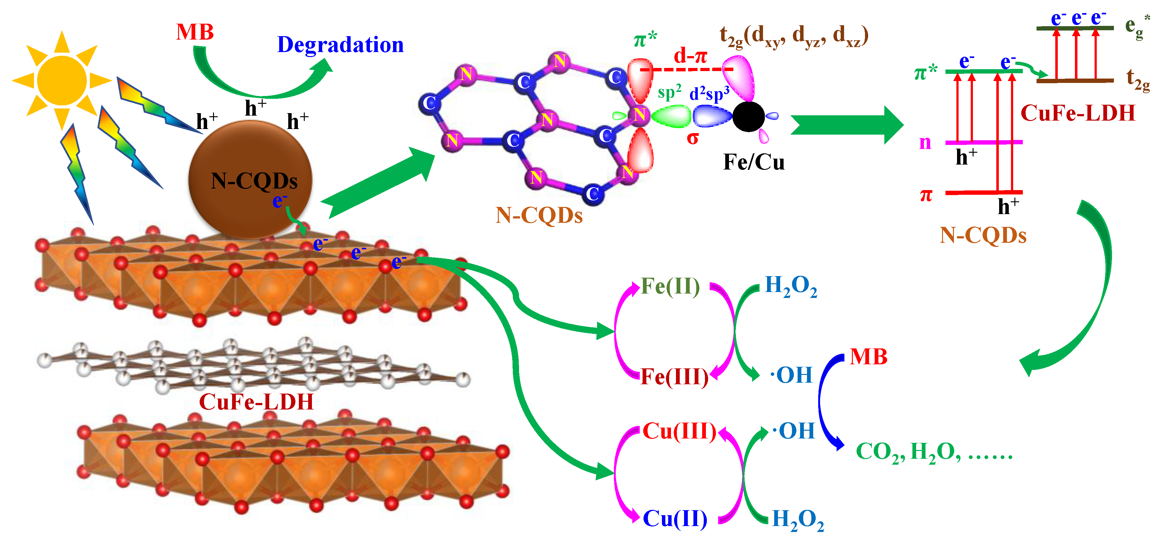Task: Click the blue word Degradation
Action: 340,45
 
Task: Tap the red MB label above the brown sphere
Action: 195,32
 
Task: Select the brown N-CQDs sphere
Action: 250,180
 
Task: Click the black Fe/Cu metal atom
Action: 748,116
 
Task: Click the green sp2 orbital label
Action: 669,92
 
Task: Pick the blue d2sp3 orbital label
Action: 709,93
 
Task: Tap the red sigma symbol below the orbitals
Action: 692,138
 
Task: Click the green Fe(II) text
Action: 670,286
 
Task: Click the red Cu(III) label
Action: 679,431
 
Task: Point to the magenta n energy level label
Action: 925,143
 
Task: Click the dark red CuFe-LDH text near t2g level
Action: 1077,113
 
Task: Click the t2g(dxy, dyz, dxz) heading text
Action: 794,36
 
